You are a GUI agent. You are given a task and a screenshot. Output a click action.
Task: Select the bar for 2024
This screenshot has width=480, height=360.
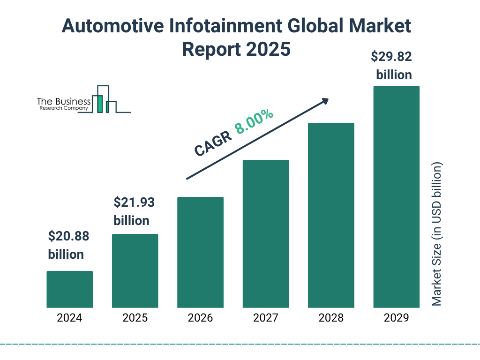click(69, 289)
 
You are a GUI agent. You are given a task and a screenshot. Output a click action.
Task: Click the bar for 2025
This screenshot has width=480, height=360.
click(135, 270)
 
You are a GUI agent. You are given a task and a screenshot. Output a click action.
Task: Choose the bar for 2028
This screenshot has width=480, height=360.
click(331, 215)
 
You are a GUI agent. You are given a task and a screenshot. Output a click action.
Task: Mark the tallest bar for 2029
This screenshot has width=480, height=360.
click(396, 197)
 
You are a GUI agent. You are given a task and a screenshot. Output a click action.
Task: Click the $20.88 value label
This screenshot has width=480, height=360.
click(68, 236)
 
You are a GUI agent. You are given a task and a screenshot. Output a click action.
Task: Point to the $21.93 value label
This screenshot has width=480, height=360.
click(134, 202)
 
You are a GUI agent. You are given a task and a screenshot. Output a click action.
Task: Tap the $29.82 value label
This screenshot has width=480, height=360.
click(391, 57)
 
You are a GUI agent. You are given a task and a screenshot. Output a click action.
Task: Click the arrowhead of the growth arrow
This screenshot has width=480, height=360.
click(325, 101)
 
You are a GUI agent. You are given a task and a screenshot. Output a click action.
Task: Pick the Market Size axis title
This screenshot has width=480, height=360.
click(437, 234)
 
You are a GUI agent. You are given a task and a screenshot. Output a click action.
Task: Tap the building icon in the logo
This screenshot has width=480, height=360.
click(104, 100)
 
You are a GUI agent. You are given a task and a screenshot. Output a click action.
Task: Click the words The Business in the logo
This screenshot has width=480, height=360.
click(64, 102)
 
